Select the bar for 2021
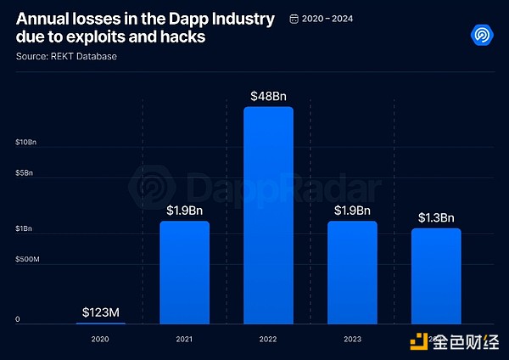184,272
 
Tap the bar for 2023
352,272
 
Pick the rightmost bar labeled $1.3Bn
436,275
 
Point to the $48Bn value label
268,96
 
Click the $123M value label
100,312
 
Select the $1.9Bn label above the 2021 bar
184,210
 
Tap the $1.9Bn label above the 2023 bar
352,210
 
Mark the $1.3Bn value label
436,217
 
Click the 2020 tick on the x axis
100,337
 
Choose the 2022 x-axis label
268,337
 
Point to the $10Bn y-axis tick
26,143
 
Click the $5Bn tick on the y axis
24,173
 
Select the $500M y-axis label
27,259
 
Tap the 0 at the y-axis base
17,320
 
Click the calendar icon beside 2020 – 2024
294,18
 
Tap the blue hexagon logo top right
482,36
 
